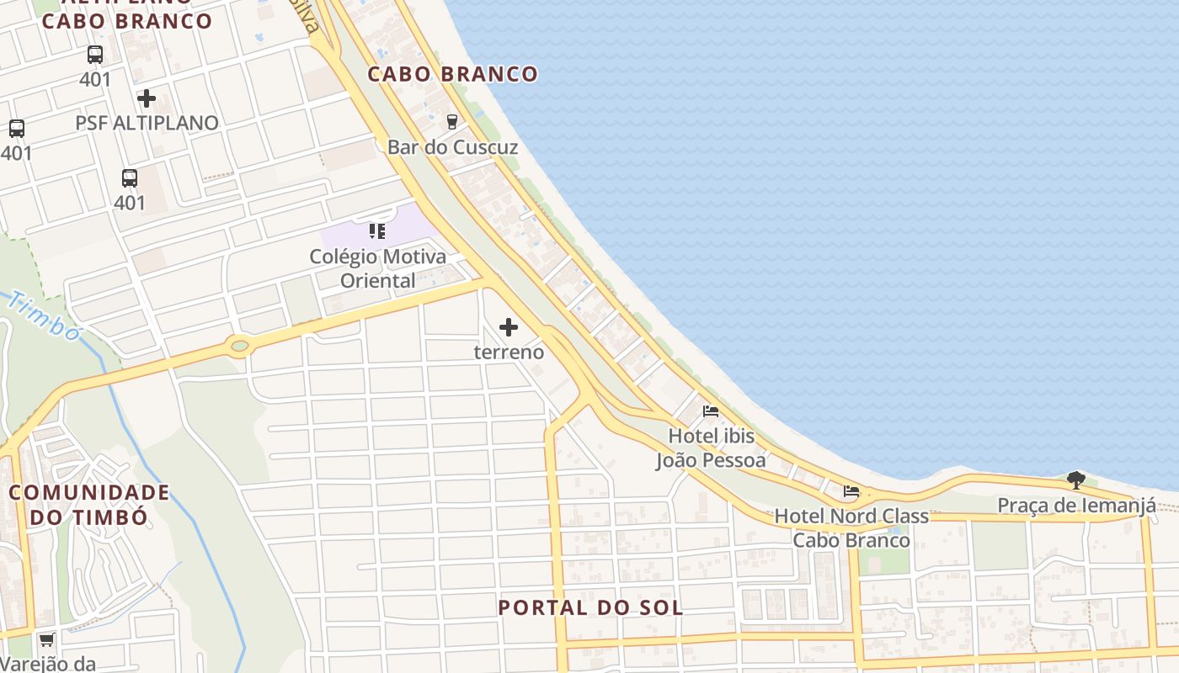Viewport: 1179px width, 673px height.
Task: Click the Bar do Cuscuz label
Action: click(452, 147)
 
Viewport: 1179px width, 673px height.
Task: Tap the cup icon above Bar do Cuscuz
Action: click(452, 121)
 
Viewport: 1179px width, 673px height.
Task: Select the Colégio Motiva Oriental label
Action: click(377, 268)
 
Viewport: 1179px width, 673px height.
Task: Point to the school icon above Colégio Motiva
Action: click(376, 231)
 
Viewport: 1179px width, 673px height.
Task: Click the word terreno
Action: click(509, 352)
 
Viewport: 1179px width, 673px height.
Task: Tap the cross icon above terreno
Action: click(509, 326)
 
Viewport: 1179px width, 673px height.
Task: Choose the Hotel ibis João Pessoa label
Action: click(712, 448)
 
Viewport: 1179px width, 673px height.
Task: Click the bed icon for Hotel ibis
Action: click(711, 411)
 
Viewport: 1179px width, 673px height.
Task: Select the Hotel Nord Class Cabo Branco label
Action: click(851, 527)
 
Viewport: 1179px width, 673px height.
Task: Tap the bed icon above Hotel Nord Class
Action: click(851, 491)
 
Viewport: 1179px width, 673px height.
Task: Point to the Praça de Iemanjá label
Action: click(1076, 506)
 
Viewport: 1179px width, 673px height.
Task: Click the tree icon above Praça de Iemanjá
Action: click(1075, 480)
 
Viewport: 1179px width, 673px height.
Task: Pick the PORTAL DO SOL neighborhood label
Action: click(589, 607)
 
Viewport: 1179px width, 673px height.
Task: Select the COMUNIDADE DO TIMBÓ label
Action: click(88, 504)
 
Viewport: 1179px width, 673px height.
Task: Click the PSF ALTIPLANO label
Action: click(147, 123)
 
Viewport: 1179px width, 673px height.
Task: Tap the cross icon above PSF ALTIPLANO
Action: click(147, 98)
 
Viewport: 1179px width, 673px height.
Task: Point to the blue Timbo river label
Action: click(46, 317)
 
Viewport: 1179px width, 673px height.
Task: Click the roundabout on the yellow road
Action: click(240, 345)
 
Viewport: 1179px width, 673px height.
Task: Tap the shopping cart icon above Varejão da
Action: click(47, 640)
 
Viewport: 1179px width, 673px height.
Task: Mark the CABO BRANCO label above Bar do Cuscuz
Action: click(452, 74)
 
